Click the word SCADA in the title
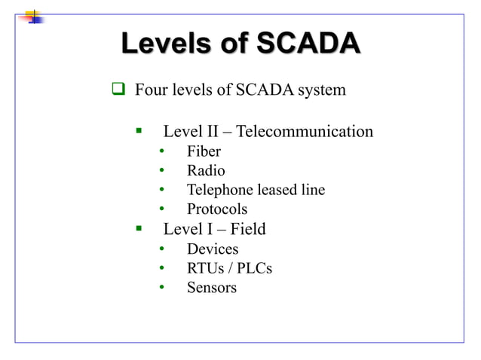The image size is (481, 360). click(308, 44)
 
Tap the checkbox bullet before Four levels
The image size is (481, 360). click(118, 91)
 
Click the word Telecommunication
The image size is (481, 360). click(305, 132)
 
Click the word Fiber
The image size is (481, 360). click(204, 151)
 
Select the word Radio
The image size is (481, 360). click(206, 171)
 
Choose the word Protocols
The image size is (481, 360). click(217, 209)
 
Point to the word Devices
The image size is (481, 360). click(213, 249)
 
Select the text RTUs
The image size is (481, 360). click(204, 268)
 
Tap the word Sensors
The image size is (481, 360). click(212, 288)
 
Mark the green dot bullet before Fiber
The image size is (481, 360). click(161, 151)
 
